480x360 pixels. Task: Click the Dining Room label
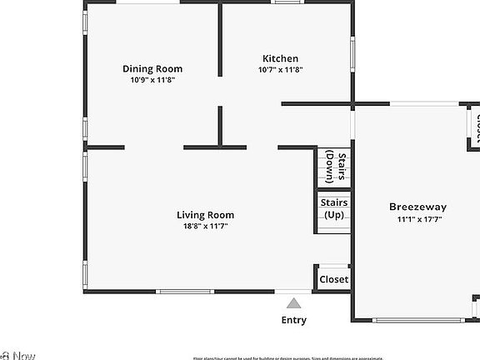point(152,69)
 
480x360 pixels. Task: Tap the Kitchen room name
point(281,58)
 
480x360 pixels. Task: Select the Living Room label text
point(205,214)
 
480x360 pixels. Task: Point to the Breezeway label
point(417,207)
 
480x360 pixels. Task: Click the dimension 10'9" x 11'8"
point(152,81)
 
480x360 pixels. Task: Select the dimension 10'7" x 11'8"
point(281,70)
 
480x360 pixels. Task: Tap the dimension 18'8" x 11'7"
point(205,226)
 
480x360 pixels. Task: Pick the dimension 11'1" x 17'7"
point(417,219)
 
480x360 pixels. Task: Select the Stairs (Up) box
point(334,209)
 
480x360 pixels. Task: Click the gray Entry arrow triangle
point(293,304)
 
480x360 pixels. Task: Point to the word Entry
point(293,320)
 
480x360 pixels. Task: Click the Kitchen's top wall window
point(287,2)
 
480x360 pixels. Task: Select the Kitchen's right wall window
point(352,52)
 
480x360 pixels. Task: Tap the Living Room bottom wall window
point(184,292)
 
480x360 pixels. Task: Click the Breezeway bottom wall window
point(414,320)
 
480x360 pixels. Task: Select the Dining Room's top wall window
point(147,2)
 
